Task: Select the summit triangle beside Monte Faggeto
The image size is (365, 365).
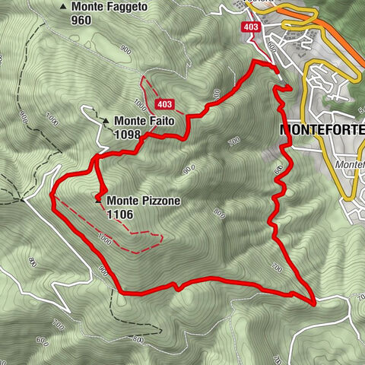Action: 63,7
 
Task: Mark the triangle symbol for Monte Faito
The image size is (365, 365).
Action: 106,120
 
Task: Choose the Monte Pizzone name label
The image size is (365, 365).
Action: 144,202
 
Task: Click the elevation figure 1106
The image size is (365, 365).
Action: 120,215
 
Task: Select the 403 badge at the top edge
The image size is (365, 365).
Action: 251,27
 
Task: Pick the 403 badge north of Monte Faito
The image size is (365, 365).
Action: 163,103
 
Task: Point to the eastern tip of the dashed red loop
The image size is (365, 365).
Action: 162,236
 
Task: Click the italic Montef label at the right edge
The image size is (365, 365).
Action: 348,163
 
